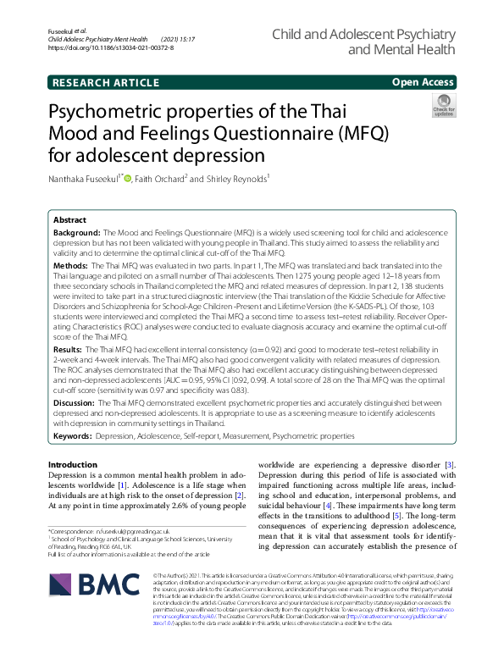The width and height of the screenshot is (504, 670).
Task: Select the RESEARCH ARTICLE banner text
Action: pos(105,82)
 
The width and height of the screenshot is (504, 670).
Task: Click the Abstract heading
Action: pos(69,219)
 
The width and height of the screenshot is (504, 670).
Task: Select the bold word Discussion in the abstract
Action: pos(75,403)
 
